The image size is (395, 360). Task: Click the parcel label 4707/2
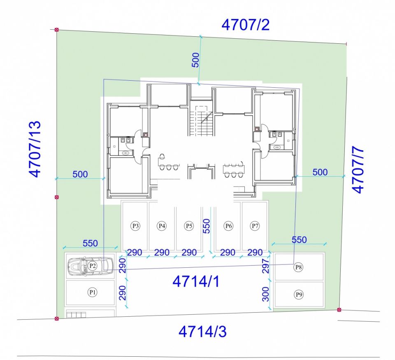pos(245,25)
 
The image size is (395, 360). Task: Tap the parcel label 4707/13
pos(35,149)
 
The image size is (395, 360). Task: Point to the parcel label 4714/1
pos(196,281)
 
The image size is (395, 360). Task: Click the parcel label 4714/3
pos(202,331)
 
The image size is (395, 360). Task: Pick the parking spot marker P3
pos(135,225)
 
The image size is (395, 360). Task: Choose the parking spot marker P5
pos(189,225)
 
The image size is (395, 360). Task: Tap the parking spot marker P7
pos(255,225)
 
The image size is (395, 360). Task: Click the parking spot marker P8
pos(299,267)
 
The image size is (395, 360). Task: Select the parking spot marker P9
pos(299,294)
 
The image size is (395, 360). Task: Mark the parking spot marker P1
pos(93,292)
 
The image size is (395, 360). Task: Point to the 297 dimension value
pos(266,266)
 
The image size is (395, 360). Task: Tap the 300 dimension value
pos(266,294)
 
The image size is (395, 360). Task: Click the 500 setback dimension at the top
pos(196,60)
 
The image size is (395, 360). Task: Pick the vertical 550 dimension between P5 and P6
pos(207,226)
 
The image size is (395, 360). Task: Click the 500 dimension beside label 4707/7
pos(320,172)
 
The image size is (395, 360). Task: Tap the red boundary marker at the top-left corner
pos(57,30)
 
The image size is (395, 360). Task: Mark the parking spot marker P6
pos(228,225)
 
